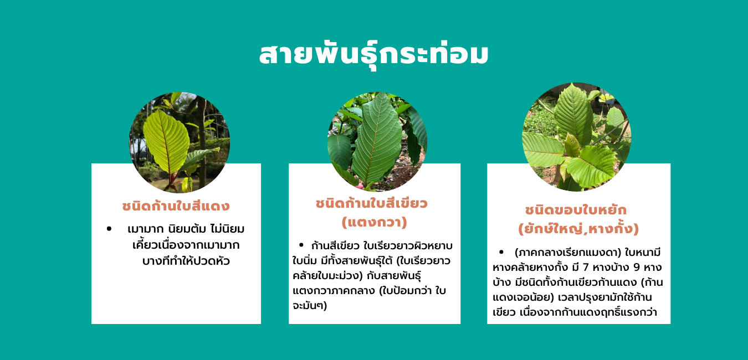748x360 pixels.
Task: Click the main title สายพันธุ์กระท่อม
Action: (x=373, y=55)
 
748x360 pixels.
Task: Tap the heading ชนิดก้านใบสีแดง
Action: (x=176, y=206)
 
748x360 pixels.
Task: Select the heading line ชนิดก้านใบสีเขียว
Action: (x=372, y=203)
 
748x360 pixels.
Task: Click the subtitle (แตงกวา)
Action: (x=375, y=222)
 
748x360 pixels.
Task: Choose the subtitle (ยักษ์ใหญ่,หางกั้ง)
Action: (x=578, y=229)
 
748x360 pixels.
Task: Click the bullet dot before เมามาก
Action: (x=109, y=229)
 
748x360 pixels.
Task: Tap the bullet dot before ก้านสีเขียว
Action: (x=301, y=245)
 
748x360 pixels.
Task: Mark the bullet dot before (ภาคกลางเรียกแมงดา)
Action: (x=501, y=252)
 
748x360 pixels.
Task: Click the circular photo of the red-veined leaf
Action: (x=180, y=142)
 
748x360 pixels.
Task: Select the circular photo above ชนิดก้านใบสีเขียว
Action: (x=377, y=141)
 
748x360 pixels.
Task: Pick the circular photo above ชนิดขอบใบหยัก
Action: (x=576, y=137)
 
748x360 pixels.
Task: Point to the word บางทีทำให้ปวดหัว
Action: (x=186, y=261)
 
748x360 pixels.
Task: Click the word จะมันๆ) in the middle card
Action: (x=310, y=305)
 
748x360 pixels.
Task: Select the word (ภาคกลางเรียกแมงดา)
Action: (x=568, y=253)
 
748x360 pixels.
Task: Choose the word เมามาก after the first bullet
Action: (x=145, y=229)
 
